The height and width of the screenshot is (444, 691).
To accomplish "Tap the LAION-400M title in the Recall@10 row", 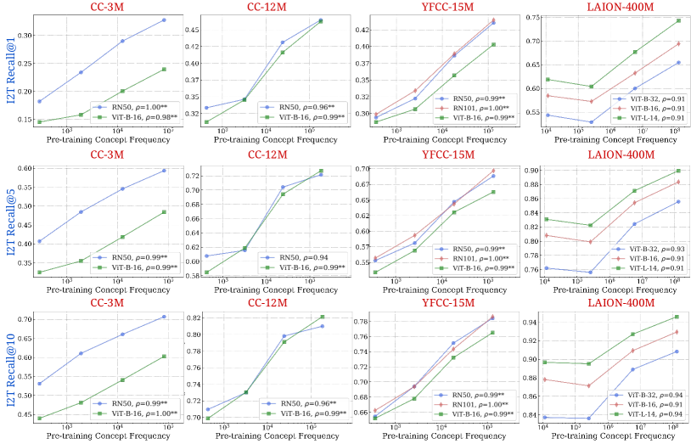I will (621, 303).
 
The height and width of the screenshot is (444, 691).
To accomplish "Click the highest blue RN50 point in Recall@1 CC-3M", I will (164, 20).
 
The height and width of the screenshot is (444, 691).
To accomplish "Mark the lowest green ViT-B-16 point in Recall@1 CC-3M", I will (40, 121).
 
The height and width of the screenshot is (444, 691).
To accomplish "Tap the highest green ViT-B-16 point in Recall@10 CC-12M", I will (322, 317).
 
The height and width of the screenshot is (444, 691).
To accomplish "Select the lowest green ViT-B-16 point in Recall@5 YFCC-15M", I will (375, 272).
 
